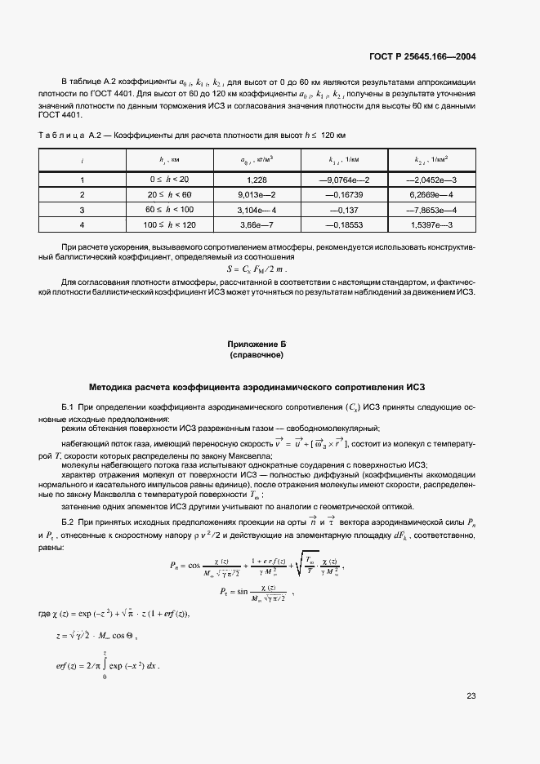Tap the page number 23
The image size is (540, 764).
click(471, 695)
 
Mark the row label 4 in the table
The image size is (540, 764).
click(82, 224)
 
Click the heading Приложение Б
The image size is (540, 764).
click(257, 345)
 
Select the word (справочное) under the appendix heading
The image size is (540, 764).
click(257, 356)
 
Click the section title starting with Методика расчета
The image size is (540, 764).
click(257, 386)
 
